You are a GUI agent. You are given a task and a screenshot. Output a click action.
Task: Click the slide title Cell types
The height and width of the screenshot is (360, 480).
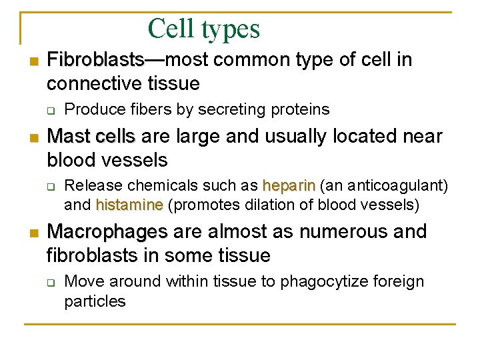click(x=203, y=29)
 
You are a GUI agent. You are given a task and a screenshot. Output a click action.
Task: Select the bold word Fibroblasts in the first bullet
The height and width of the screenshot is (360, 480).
click(x=95, y=60)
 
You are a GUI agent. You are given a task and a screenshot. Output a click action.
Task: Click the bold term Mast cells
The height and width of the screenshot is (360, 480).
click(x=91, y=137)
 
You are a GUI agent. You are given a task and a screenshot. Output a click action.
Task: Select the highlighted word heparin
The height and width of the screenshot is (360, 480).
click(x=290, y=185)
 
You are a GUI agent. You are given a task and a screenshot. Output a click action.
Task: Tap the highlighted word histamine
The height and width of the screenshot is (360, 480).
click(x=129, y=205)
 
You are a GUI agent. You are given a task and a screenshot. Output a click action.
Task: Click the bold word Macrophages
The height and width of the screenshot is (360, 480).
click(x=107, y=232)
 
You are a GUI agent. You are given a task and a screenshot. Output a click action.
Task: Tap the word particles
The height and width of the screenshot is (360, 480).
click(x=95, y=301)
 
